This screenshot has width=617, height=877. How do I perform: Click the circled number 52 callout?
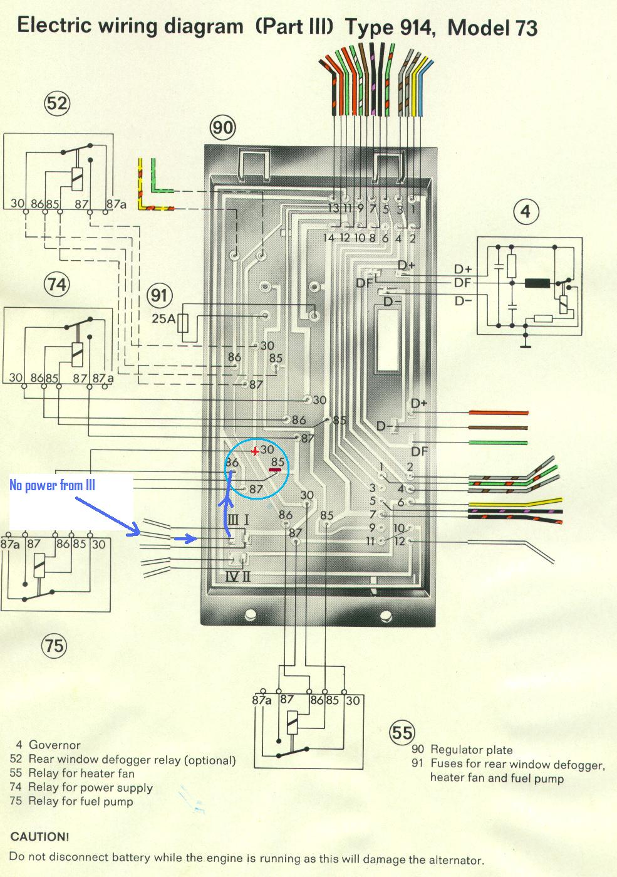coord(56,103)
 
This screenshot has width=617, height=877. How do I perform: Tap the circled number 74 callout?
coord(56,285)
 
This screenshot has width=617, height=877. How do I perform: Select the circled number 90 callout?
coord(222,128)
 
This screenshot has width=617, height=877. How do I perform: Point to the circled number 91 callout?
coord(160,295)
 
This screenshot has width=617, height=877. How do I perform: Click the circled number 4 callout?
coord(526,211)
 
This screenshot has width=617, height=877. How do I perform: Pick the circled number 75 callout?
coord(54,644)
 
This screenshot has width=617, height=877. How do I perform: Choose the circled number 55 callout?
coord(402,732)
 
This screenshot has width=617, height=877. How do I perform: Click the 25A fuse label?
coord(163,318)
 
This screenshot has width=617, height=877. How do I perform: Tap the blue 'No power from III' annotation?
coord(52,485)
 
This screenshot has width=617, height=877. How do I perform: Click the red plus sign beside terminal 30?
coord(254,451)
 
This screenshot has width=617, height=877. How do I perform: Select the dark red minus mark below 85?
coord(276,470)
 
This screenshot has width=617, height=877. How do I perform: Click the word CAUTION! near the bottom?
coord(39,837)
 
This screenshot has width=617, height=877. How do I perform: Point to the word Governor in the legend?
coord(54,745)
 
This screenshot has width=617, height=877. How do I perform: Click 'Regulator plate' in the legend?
coord(471,750)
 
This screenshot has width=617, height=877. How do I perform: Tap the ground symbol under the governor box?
coord(526,344)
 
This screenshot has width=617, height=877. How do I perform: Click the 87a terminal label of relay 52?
coord(116,204)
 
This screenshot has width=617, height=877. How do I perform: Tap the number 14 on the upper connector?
coord(329,238)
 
